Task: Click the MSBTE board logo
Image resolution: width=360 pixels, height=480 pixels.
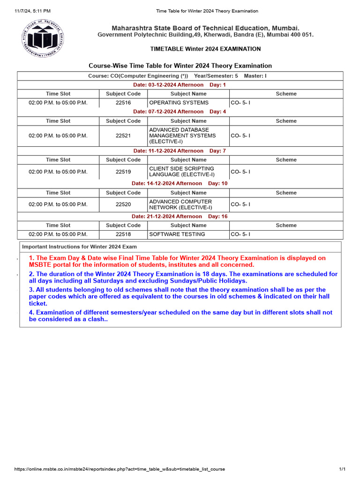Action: [42, 38]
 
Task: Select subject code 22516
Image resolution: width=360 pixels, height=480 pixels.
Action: [123, 102]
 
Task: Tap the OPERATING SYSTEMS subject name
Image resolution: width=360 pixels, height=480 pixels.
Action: [179, 102]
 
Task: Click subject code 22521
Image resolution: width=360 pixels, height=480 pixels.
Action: [123, 135]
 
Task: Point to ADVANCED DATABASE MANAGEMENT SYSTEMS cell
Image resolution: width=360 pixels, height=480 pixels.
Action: [182, 135]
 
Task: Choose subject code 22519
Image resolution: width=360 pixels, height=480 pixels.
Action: [123, 172]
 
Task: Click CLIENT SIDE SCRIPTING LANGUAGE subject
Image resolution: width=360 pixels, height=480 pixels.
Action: [181, 172]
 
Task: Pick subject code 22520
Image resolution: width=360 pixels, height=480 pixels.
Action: [123, 204]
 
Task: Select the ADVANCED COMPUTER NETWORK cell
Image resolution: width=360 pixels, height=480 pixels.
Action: [180, 204]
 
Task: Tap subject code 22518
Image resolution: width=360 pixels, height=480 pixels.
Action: [123, 234]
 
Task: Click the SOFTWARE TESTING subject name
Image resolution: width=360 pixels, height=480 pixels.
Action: [177, 234]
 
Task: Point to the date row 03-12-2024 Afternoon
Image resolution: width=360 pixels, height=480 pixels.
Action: [180, 85]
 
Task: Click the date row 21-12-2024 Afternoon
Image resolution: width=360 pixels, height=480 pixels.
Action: [180, 216]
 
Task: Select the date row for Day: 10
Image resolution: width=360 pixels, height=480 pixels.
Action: [180, 183]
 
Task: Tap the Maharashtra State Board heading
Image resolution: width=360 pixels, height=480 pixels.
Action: [205, 28]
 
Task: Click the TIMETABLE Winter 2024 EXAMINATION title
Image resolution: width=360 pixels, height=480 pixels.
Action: [205, 49]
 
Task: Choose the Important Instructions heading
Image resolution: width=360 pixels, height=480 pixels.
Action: [80, 247]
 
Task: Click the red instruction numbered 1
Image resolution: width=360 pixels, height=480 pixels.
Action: [177, 261]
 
